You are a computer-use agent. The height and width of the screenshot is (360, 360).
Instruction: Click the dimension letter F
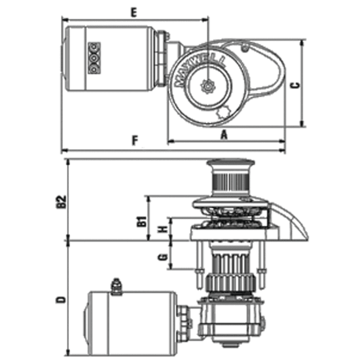pos(134,140)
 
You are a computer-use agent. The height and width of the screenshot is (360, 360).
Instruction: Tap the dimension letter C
pos(296,84)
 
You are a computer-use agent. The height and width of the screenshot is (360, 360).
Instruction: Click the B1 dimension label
pos(140,220)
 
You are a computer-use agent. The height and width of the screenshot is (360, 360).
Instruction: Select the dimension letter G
pos(161,257)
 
